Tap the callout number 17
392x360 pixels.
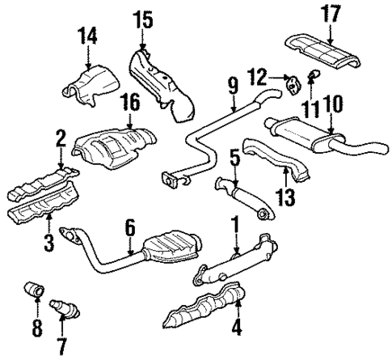pos(331,15)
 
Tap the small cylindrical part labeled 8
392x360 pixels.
pos(36,289)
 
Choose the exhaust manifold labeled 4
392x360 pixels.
pos(206,315)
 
